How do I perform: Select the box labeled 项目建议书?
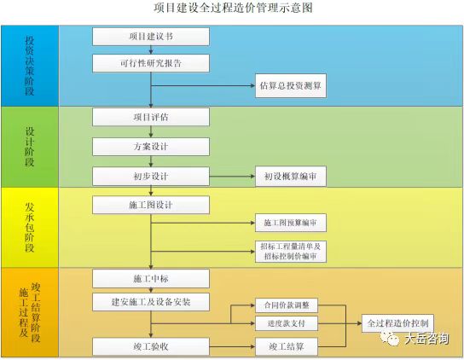point(150,38)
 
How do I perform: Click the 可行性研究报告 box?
point(150,64)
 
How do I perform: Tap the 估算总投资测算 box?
point(290,85)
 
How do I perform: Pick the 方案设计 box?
point(150,147)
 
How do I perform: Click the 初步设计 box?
point(150,177)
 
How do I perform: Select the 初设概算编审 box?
point(290,177)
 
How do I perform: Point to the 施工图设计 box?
point(150,206)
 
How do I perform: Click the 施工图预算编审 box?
point(290,224)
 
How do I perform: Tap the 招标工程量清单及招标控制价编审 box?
point(290,252)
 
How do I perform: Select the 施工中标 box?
point(150,279)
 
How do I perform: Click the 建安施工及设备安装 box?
point(150,302)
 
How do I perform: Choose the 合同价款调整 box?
point(287,305)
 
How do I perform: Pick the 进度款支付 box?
point(287,323)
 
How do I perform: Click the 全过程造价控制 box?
point(397,323)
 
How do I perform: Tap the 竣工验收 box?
point(150,346)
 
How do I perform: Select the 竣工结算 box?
point(287,346)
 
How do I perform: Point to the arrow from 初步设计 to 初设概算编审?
point(232,177)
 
